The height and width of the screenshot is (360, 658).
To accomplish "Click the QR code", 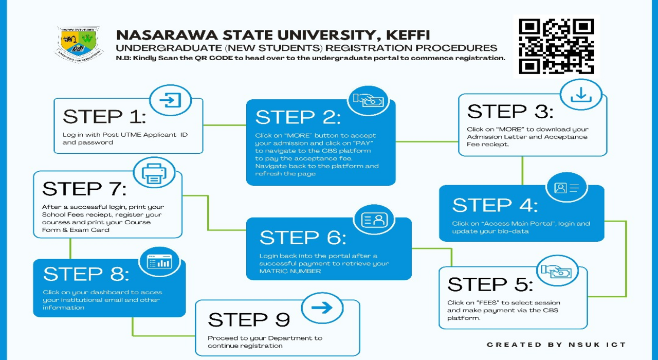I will (556, 46).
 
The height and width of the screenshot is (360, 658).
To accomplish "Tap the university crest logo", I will (79, 44).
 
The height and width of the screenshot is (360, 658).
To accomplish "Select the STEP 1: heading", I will (104, 117).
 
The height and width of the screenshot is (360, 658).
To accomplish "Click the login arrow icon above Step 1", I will (170, 100).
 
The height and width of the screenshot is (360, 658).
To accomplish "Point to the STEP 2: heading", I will (298, 117).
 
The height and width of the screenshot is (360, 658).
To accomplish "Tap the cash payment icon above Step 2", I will (368, 101).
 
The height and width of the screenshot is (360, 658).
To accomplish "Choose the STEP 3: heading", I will (510, 112).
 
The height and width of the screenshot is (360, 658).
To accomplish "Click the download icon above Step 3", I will (581, 95).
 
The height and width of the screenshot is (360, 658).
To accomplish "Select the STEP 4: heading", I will (495, 206).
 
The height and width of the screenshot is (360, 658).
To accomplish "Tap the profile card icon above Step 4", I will (566, 188).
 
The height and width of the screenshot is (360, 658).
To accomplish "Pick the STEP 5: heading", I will (490, 284).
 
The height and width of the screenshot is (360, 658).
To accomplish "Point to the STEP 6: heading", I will (302, 238).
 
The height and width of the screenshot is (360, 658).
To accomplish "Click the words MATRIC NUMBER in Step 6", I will (290, 271).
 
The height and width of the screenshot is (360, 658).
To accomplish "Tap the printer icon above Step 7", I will (154, 173).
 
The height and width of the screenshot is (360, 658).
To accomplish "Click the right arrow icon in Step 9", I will (322, 308).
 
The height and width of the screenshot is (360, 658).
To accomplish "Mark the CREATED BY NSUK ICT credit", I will (556, 345).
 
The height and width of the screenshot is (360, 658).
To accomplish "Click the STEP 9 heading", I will (249, 320).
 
